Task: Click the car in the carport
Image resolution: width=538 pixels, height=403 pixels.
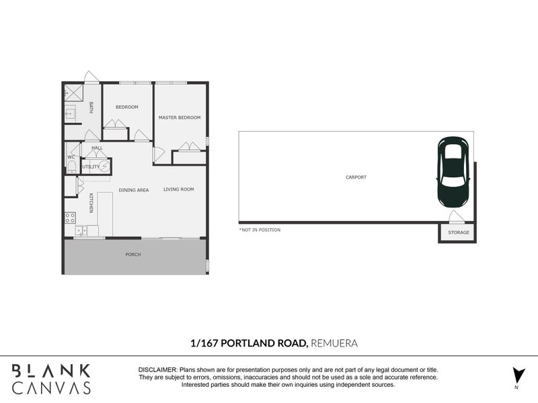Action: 454,173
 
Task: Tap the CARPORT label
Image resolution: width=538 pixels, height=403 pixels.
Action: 356,177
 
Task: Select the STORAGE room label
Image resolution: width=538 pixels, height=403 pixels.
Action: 459,232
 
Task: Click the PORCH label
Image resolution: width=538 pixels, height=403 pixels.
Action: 133,255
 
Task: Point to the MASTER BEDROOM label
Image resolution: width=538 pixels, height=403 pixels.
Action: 180,118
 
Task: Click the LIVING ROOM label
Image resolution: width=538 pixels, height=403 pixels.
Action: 178,189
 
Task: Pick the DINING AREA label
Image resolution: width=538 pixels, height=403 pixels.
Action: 133,190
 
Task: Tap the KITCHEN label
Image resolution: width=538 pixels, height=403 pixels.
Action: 91,203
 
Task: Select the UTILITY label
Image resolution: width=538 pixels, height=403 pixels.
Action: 90,166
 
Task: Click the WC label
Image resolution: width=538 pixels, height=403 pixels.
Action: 71,157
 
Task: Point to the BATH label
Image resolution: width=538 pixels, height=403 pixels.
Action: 91,107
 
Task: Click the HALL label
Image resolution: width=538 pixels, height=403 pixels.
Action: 97,148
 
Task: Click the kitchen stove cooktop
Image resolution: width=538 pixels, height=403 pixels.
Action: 69,217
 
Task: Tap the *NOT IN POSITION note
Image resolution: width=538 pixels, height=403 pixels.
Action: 260,230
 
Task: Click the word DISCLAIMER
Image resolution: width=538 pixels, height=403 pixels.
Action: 157,370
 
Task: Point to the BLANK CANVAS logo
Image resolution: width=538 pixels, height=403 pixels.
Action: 51,378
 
